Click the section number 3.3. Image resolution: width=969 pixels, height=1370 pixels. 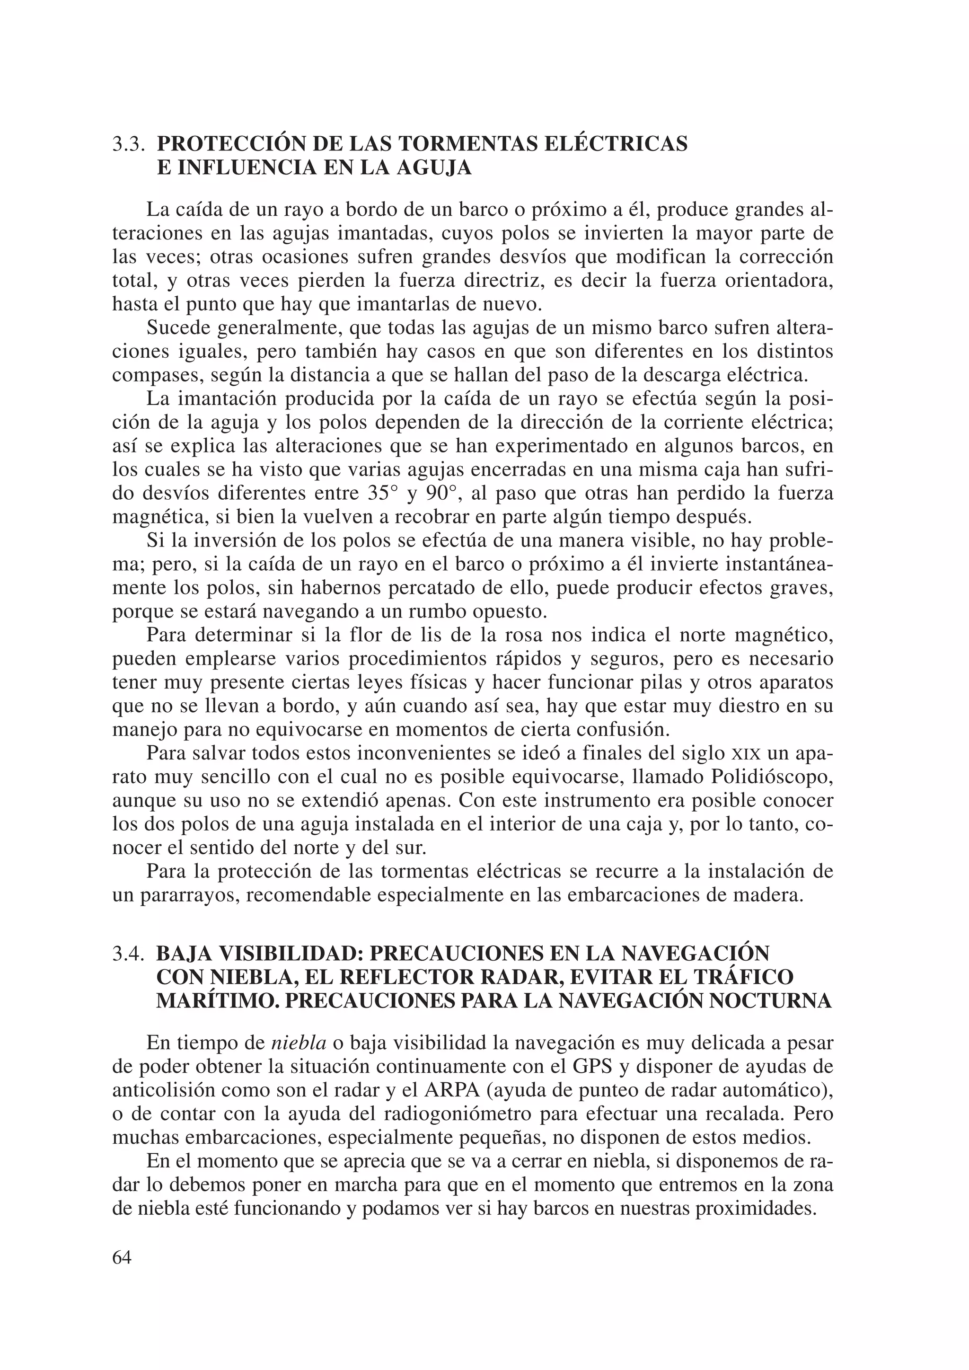129,144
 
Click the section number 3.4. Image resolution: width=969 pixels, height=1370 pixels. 129,954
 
